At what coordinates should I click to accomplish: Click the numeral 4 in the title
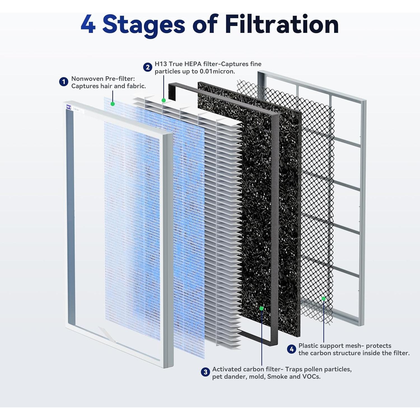pos(88,25)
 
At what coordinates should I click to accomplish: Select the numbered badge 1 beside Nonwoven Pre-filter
pos(64,82)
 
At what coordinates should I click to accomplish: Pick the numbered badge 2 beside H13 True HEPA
pos(148,67)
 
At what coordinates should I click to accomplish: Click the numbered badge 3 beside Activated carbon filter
pos(205,372)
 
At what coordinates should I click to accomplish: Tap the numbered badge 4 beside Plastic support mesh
pos(291,349)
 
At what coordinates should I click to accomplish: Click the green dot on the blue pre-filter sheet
pos(113,104)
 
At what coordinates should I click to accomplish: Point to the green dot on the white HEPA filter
pos(164,100)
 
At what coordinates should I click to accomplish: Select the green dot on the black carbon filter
pos(262,308)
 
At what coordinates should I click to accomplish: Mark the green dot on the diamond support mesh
pos(323,298)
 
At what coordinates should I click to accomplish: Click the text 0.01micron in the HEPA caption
pos(217,71)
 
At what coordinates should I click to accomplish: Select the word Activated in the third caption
pos(227,369)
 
